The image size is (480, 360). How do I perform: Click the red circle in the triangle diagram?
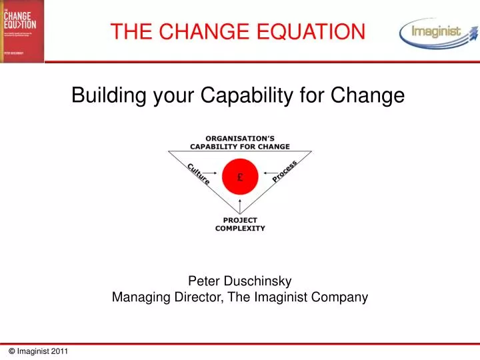[240, 177]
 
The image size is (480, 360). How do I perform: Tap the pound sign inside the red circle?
[240, 177]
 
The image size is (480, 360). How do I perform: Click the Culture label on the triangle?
[199, 173]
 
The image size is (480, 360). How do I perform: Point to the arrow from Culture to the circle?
[214, 177]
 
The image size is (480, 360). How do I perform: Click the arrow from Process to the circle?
[266, 177]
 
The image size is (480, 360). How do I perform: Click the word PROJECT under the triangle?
[240, 219]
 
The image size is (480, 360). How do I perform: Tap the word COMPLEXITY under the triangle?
[240, 228]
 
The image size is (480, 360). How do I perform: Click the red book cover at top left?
[21, 31]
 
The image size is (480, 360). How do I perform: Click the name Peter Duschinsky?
[240, 281]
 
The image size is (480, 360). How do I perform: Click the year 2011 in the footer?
[58, 351]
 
